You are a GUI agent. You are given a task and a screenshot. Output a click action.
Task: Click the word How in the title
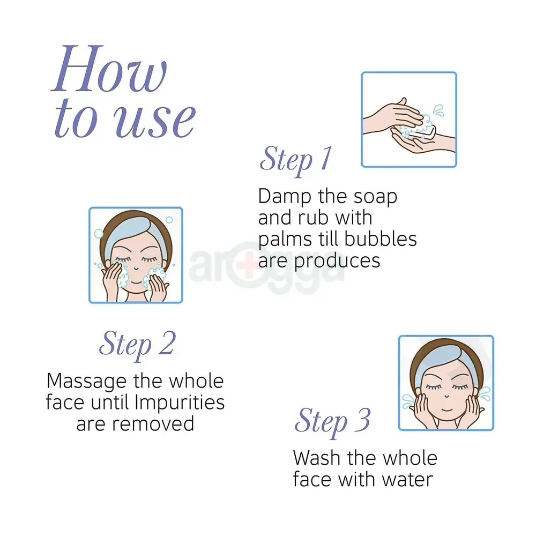[x=109, y=69]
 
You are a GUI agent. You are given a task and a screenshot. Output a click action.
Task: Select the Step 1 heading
[x=296, y=160]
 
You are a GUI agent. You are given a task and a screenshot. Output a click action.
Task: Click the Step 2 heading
[x=137, y=345]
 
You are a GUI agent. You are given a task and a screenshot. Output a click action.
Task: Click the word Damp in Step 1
[x=285, y=197]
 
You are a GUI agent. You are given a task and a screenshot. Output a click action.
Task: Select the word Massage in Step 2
[x=86, y=382]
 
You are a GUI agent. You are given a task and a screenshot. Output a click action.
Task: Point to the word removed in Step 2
[x=153, y=424]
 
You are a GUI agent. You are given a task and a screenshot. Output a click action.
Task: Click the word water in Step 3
[x=407, y=480]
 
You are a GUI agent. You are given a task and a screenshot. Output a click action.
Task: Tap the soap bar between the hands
[x=424, y=132]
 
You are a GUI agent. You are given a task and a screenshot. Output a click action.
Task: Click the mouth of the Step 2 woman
[x=136, y=282]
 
